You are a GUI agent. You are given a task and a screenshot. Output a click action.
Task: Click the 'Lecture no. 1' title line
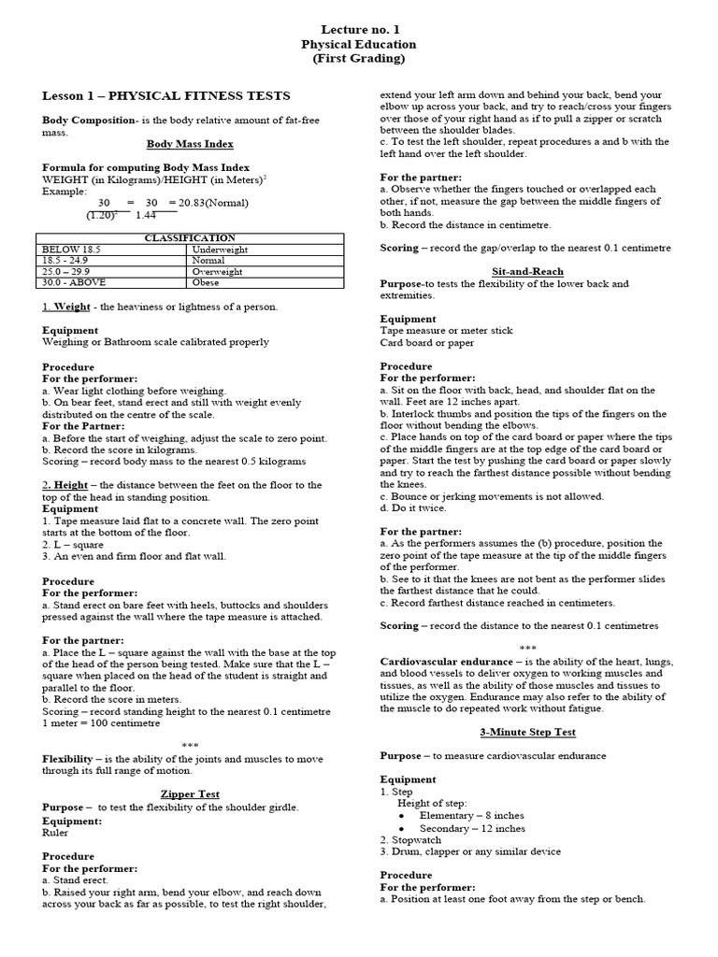pos(359,29)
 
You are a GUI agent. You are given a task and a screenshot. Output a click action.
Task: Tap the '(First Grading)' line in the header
pos(359,58)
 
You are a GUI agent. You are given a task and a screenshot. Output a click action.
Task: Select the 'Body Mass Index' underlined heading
pos(190,144)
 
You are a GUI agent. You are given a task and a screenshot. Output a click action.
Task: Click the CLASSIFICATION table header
pos(190,238)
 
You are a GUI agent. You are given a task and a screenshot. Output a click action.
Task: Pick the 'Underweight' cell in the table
pos(218,250)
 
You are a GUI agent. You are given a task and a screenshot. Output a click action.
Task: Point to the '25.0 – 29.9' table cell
pos(68,271)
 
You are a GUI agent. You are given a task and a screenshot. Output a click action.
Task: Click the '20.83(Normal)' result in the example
pos(207,203)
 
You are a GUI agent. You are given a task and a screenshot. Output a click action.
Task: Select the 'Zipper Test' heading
pos(190,793)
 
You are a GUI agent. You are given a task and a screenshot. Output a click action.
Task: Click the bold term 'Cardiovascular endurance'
pos(444,661)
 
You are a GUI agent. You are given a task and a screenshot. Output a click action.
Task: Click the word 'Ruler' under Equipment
pos(57,833)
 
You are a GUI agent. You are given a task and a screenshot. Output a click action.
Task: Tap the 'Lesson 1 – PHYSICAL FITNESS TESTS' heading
pos(166,95)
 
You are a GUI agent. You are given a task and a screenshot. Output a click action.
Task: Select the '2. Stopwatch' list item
pos(411,840)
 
